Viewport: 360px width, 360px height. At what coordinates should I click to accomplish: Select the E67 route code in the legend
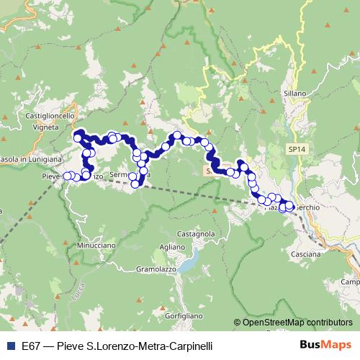point(31,345)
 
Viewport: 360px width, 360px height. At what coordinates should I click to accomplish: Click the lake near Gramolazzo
point(189,264)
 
